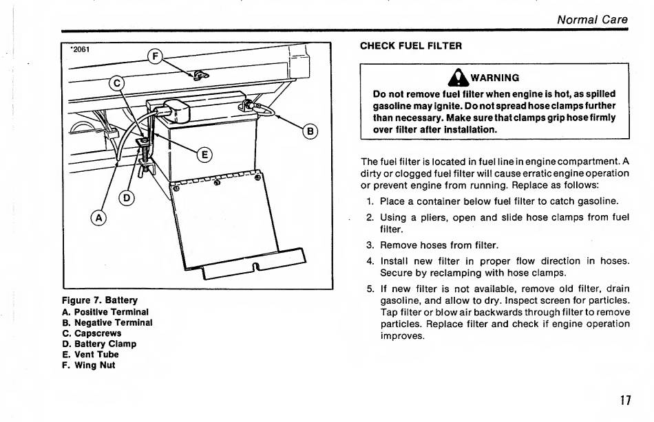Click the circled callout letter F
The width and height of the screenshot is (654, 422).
point(156,56)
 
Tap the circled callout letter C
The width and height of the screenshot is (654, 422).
point(118,84)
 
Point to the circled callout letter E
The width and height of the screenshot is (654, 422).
point(205,154)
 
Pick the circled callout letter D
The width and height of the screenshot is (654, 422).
point(127,199)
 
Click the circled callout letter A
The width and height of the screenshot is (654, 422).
point(99,218)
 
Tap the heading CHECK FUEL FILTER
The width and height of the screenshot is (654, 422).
point(411,46)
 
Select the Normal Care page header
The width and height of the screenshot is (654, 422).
point(592,19)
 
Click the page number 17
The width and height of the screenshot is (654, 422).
point(624,400)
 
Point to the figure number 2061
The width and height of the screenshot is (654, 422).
point(81,49)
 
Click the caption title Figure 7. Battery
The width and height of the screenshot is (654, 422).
point(100,300)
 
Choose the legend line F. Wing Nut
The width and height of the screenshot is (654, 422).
point(89,366)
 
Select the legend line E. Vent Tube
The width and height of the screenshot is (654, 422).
point(90,355)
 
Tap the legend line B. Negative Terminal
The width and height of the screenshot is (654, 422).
point(107,322)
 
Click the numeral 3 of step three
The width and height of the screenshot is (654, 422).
point(370,245)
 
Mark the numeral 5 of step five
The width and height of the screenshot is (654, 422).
point(370,289)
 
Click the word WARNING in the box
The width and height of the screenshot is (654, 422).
point(495,78)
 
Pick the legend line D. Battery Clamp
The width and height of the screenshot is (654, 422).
point(99,344)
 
